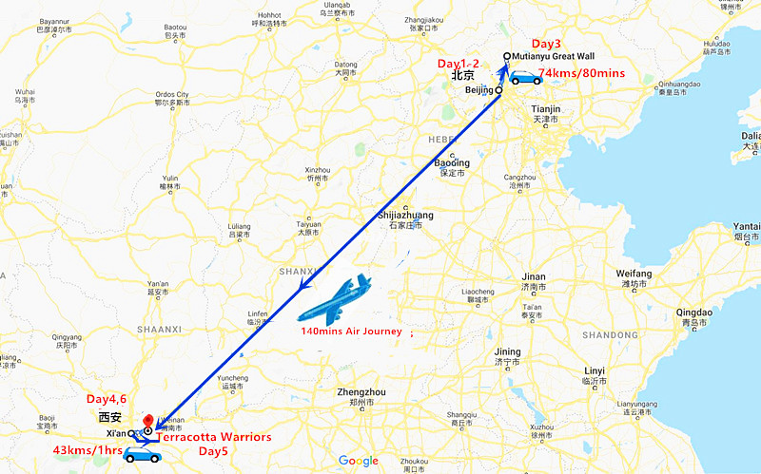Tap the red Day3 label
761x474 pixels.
pos(547,45)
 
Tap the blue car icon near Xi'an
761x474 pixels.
pos(143,455)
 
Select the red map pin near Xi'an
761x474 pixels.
pos(146,421)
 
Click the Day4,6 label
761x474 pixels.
pos(107,399)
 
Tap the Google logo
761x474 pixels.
pos(358,461)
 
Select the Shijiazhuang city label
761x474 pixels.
pos(405,216)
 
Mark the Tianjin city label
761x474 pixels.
pos(546,109)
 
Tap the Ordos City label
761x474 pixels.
pos(172,95)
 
